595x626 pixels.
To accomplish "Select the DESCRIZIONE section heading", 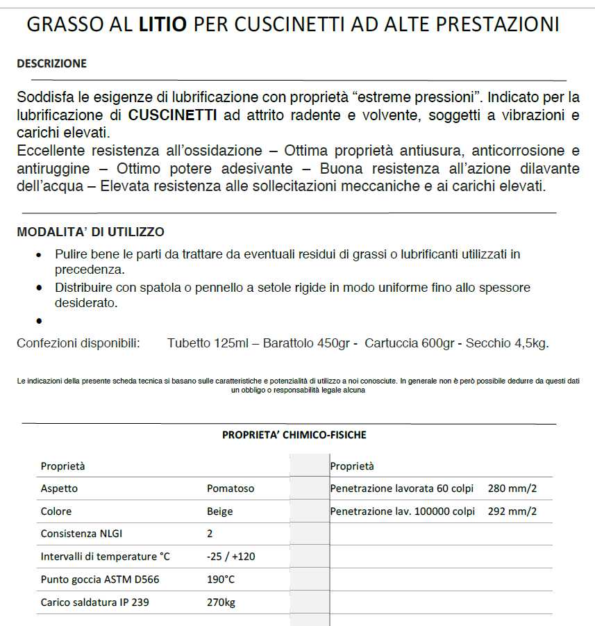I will coord(51,63).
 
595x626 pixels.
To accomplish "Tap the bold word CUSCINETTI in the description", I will coord(173,115).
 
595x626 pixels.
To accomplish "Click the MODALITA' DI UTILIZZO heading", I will coord(90,232).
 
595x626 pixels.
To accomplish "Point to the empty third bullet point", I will coord(39,322).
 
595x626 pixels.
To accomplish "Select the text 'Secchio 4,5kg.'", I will coord(507,343).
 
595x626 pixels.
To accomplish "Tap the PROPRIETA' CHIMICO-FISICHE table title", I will coord(294,435).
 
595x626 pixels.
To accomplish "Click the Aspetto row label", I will coord(59,488).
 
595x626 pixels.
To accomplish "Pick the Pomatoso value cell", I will coord(231,488).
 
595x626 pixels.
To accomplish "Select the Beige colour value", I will coord(219,511).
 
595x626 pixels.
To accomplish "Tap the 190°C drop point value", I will coord(221,579).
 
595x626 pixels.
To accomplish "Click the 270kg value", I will coord(221,602).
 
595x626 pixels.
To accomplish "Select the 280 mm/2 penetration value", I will coord(512,488).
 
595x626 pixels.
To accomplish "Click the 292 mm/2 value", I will coord(512,511).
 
